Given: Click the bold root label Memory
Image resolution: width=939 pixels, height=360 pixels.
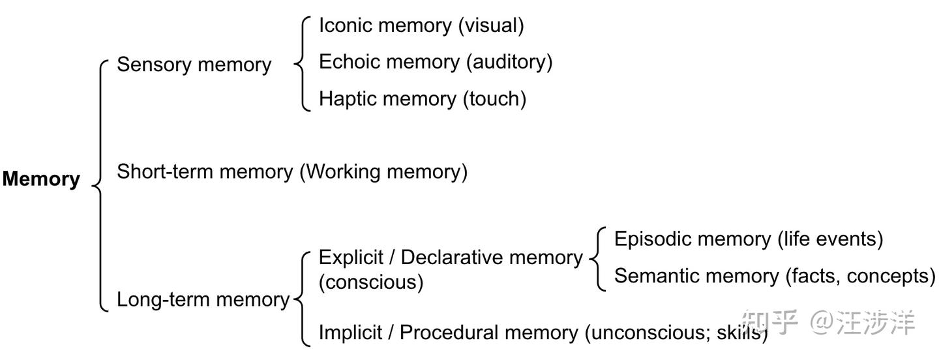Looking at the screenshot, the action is coord(41,179).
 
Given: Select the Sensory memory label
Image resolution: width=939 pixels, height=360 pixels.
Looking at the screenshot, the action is coord(194,65).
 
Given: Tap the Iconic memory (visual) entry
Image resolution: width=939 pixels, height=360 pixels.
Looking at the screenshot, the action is coord(421,26).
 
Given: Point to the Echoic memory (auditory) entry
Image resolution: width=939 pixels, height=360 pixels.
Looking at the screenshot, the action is coord(436,63).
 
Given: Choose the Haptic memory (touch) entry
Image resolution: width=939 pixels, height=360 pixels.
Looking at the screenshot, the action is coord(423,99).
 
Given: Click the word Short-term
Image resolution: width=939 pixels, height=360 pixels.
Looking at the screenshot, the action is coord(164,172).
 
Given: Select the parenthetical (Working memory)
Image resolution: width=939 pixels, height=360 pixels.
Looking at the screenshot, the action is coord(383,172).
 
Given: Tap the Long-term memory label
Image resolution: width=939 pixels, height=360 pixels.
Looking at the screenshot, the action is coord(203,300).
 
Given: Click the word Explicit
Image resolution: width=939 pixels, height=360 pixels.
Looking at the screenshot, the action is coord(351,258).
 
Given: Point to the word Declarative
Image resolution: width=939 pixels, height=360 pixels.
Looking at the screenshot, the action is coord(453,258).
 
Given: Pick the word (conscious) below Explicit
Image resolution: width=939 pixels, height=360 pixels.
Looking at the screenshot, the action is coord(371,282).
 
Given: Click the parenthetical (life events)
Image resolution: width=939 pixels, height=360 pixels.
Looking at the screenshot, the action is coord(831,239).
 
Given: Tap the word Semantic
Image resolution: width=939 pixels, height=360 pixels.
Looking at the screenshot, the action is coord(658,276).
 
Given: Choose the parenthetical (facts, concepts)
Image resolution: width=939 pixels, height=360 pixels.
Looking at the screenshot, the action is coord(860,277).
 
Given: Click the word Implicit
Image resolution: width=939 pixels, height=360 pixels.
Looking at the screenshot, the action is coord(350,333).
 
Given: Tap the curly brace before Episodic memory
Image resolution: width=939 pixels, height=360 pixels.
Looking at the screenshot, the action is coord(597,259).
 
